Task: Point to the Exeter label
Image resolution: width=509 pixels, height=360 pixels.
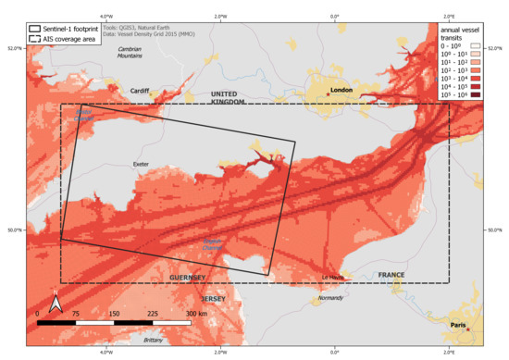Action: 142,166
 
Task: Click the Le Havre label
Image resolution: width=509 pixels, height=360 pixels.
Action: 332,277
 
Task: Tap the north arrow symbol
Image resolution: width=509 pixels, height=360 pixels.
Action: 56,301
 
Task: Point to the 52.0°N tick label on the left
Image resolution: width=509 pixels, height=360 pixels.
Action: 15,48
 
